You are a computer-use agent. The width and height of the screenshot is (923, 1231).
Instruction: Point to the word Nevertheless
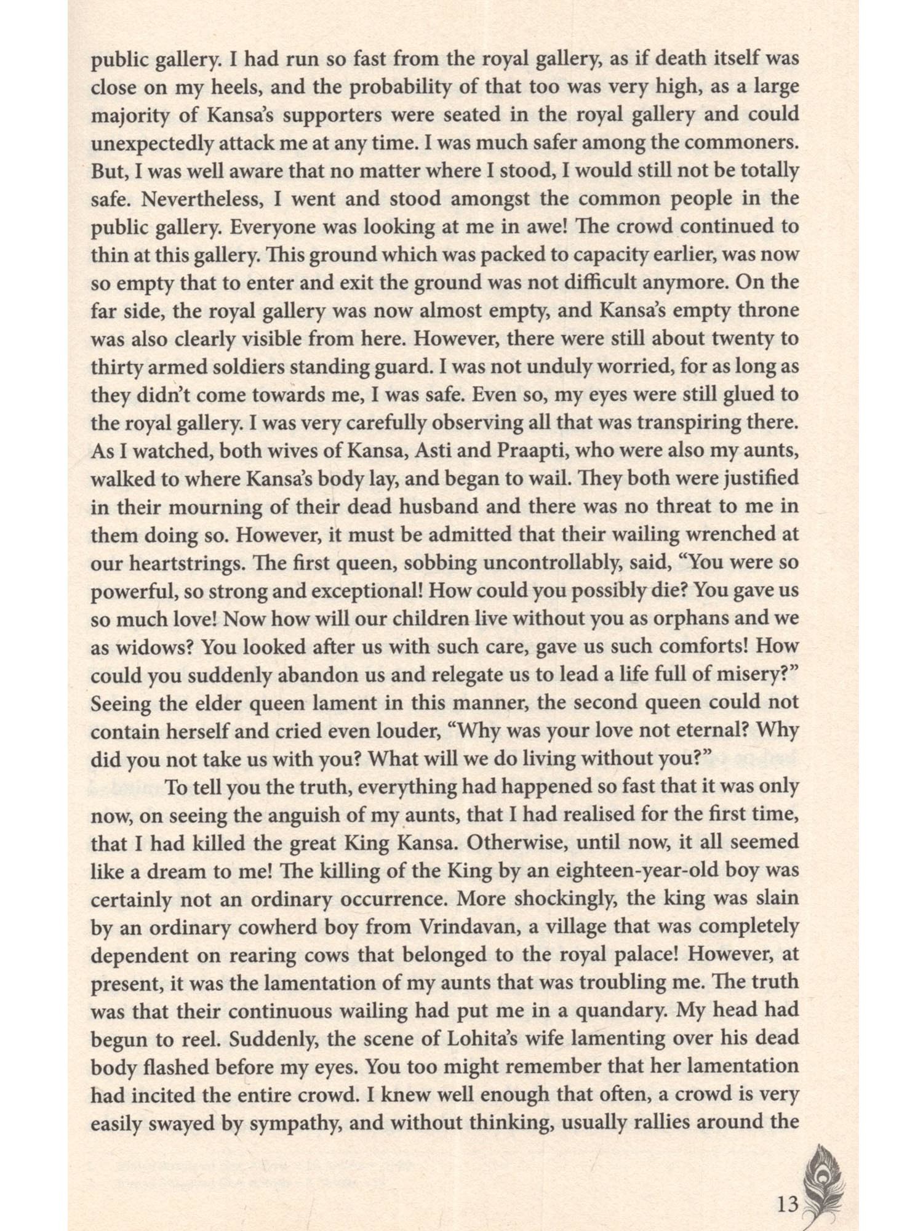click(x=190, y=199)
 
